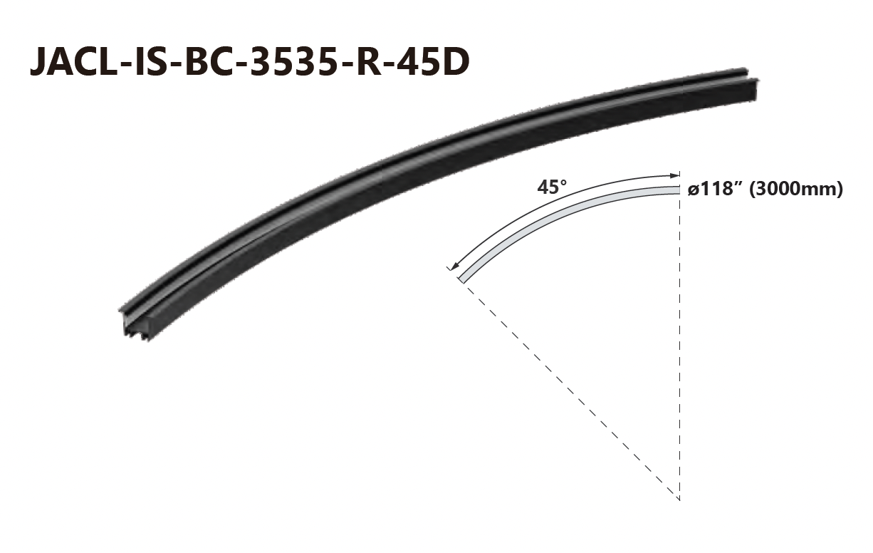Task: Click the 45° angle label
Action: click(552, 187)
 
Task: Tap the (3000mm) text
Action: click(796, 190)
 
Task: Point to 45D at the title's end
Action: click(432, 62)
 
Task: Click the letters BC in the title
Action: click(209, 62)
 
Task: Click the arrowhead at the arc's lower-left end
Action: click(454, 267)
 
